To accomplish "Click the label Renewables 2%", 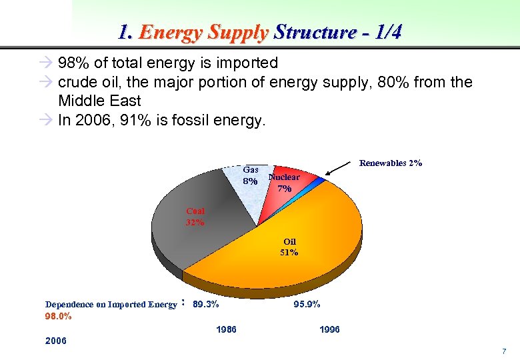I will click(390, 163).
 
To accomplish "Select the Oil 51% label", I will click(289, 247).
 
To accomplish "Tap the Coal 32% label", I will click(195, 217).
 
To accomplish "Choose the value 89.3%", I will click(205, 305).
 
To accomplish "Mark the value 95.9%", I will click(307, 304).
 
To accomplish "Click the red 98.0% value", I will click(59, 316).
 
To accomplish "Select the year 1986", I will click(226, 329).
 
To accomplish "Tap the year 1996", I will click(329, 329).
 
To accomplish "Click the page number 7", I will click(504, 351).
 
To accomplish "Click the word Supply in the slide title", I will click(239, 32).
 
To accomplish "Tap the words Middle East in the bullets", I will click(99, 101).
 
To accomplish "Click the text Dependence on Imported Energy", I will click(111, 305).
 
